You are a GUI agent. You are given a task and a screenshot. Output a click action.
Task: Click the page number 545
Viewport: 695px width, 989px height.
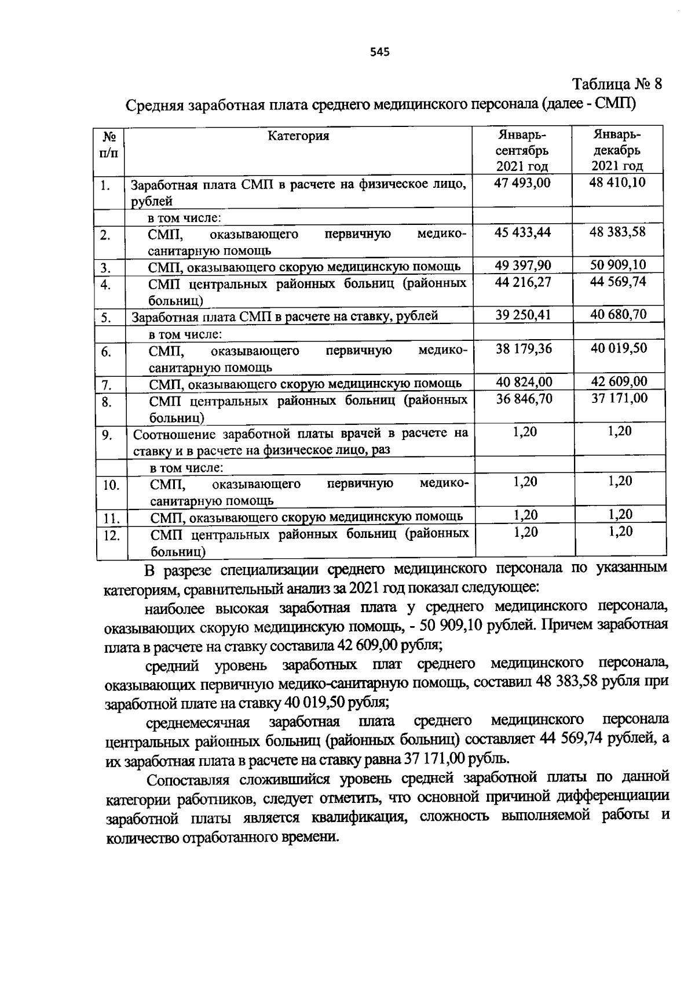tap(379, 53)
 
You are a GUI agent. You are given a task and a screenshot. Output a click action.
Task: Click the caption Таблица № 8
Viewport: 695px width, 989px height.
tap(617, 85)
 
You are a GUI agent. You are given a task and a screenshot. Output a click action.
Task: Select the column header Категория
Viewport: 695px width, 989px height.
tap(298, 136)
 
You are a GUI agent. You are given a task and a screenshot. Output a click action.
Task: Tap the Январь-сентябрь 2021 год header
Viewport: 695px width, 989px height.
tap(522, 151)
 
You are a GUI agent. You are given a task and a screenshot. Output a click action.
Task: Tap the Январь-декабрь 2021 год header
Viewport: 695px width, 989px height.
tap(617, 151)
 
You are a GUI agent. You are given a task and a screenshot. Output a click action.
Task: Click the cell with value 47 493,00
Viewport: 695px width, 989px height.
tap(523, 183)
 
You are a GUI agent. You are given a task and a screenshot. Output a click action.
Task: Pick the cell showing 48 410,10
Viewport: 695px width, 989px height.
tap(617, 183)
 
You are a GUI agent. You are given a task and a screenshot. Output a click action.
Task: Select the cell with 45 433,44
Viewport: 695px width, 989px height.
tap(523, 232)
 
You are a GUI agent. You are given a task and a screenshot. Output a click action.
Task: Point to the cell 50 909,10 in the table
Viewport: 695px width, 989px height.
tap(617, 266)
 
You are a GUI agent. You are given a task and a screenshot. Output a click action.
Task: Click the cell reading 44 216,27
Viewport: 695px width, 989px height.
tap(523, 282)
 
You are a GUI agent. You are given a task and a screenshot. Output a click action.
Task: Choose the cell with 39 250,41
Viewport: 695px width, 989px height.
tap(523, 315)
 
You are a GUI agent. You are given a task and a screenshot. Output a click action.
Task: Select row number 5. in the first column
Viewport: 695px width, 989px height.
tap(106, 318)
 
